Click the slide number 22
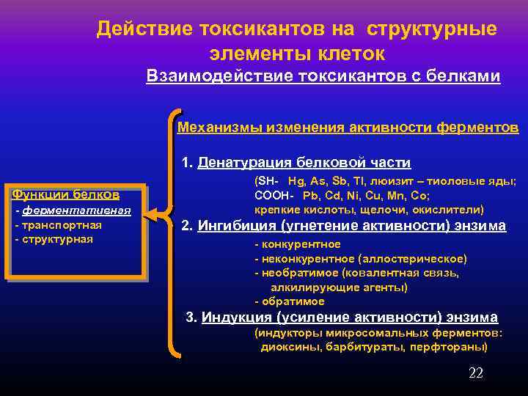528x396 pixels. pyautogui.click(x=475, y=373)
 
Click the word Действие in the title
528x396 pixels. pyautogui.click(x=139, y=29)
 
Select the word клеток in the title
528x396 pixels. pyautogui.click(x=348, y=54)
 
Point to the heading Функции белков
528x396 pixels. pyautogui.click(x=66, y=194)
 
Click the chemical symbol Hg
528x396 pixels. pyautogui.click(x=297, y=181)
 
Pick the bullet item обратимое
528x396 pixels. pyautogui.click(x=293, y=301)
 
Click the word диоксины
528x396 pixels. pyautogui.click(x=287, y=347)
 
